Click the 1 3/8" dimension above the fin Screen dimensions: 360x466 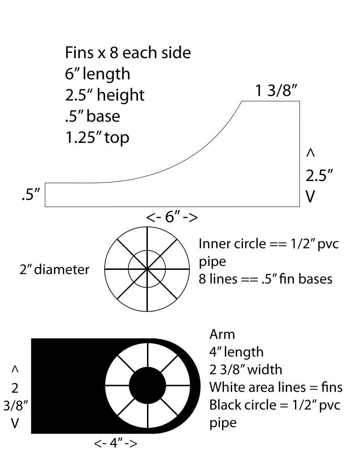click(x=276, y=91)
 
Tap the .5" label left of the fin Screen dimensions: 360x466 click(x=30, y=195)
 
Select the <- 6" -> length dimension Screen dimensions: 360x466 click(x=172, y=217)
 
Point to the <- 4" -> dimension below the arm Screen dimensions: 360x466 click(x=115, y=443)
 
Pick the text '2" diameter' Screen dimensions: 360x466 click(x=55, y=269)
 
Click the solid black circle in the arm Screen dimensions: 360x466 click(x=147, y=386)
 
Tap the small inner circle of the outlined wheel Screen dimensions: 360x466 click(x=147, y=251)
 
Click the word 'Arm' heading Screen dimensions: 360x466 click(x=222, y=334)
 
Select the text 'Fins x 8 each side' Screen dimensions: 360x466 click(x=128, y=53)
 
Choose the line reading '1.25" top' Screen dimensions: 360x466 click(x=97, y=138)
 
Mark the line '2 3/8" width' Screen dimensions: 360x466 click(x=246, y=370)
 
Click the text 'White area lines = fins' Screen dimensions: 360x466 click(x=276, y=387)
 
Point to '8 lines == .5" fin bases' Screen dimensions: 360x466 click(x=265, y=279)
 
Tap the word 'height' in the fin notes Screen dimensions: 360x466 click(x=121, y=96)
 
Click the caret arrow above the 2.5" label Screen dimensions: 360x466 click(x=310, y=153)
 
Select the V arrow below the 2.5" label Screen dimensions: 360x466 click(x=310, y=197)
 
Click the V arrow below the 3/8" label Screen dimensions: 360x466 click(x=15, y=423)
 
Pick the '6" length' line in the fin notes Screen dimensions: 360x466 click(x=97, y=74)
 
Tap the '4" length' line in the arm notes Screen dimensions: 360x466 click(x=236, y=352)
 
